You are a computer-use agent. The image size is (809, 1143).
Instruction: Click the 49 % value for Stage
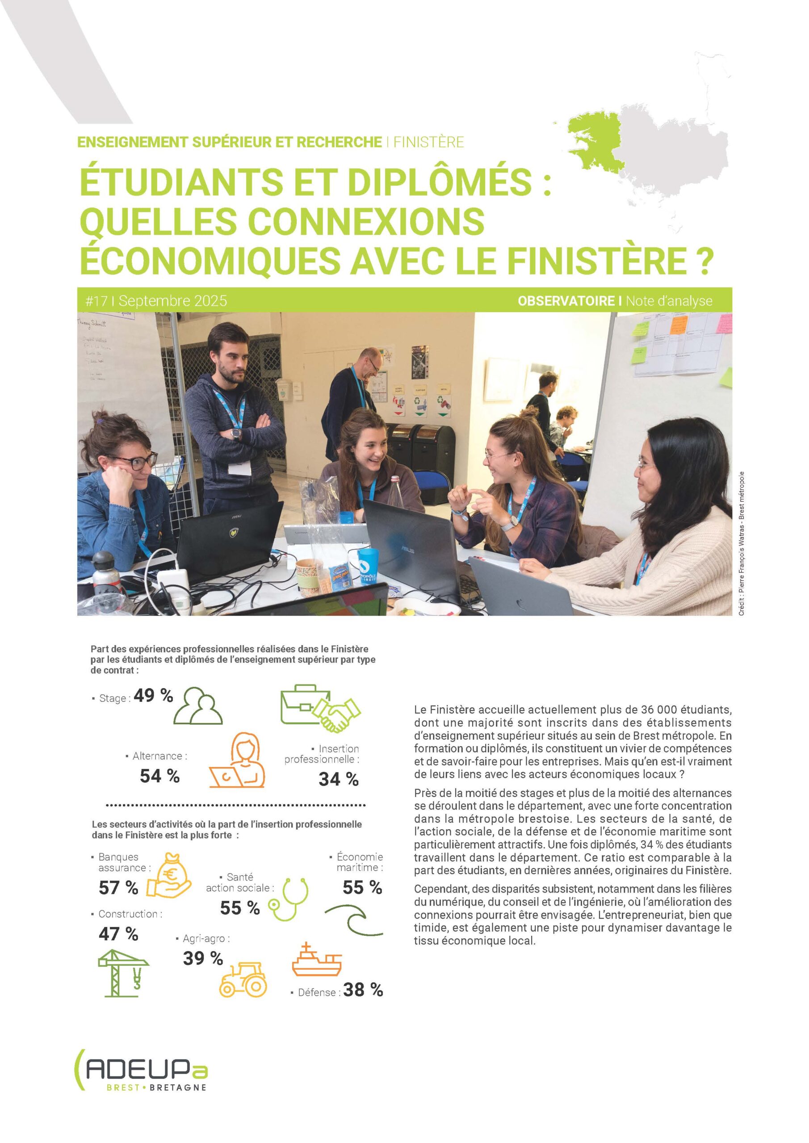(153, 696)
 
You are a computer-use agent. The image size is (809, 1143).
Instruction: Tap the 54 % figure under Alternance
(159, 776)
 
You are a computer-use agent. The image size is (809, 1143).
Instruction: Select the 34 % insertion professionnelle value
(338, 779)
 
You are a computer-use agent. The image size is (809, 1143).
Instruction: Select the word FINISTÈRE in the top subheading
(428, 142)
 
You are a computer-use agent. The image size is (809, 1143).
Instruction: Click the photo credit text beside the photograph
(741, 542)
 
